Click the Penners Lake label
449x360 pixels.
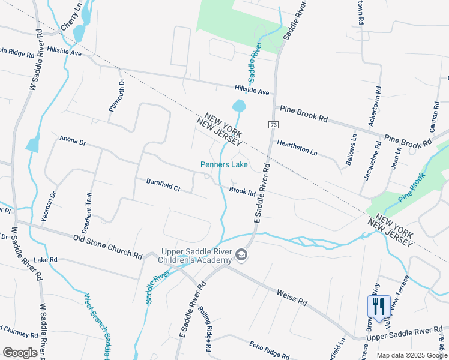coord(224,164)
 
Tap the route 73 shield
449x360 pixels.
coord(273,124)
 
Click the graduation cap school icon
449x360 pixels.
coord(241,256)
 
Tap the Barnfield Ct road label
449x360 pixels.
coord(163,184)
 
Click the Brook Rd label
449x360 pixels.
coord(243,191)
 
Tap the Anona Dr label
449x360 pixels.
coord(73,142)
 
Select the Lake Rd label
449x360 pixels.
coord(45,260)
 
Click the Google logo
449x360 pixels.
coord(20,352)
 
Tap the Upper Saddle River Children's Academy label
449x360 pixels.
coord(195,256)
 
